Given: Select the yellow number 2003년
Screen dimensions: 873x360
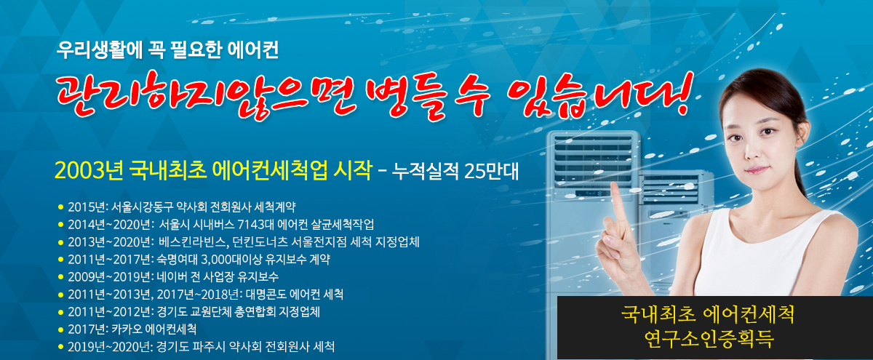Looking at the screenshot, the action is [89, 170].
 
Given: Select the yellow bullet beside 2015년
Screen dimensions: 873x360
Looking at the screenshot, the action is [60, 207].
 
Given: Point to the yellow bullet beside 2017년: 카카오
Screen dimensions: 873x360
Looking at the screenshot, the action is [60, 330].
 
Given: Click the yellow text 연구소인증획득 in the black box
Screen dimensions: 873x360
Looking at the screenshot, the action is [709, 339].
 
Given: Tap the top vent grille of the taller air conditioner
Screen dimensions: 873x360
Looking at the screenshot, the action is [593, 160].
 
